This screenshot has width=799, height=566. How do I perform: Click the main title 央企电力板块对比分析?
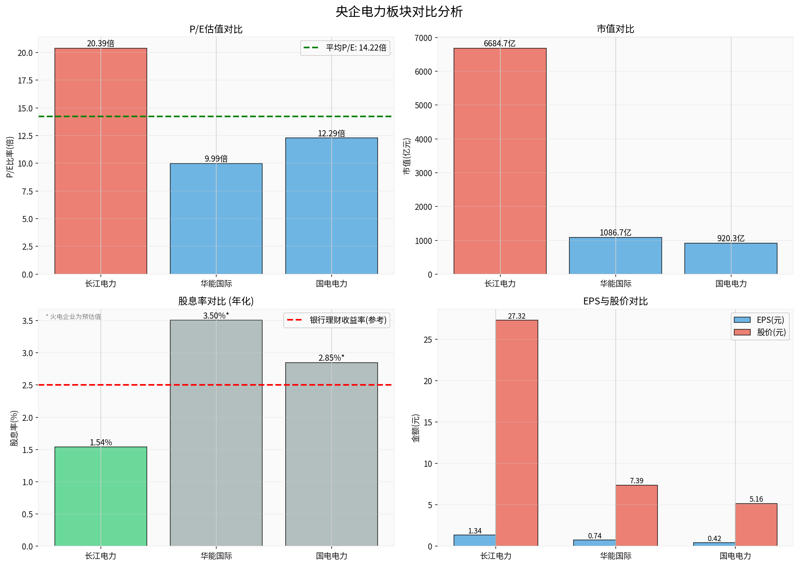(x=399, y=12)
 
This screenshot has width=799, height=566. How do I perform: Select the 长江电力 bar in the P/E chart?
(x=101, y=161)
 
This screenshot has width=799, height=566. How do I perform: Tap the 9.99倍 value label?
(x=216, y=159)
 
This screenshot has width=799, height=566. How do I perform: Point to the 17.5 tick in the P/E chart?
(x=25, y=80)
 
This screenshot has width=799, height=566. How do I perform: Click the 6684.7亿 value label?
(x=500, y=43)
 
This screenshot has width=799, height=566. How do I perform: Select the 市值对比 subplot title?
(x=615, y=29)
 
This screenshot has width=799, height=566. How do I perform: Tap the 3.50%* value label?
(x=216, y=316)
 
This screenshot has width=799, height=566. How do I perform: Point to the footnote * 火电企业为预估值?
(x=73, y=317)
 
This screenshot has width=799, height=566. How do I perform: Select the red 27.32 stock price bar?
(x=516, y=433)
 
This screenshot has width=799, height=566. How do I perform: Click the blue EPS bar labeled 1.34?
(x=475, y=540)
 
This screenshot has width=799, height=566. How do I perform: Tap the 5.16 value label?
(x=756, y=499)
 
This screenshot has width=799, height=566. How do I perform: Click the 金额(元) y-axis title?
(x=416, y=428)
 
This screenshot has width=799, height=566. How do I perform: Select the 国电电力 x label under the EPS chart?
(x=735, y=556)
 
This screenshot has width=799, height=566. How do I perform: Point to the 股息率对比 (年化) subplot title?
(x=216, y=301)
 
